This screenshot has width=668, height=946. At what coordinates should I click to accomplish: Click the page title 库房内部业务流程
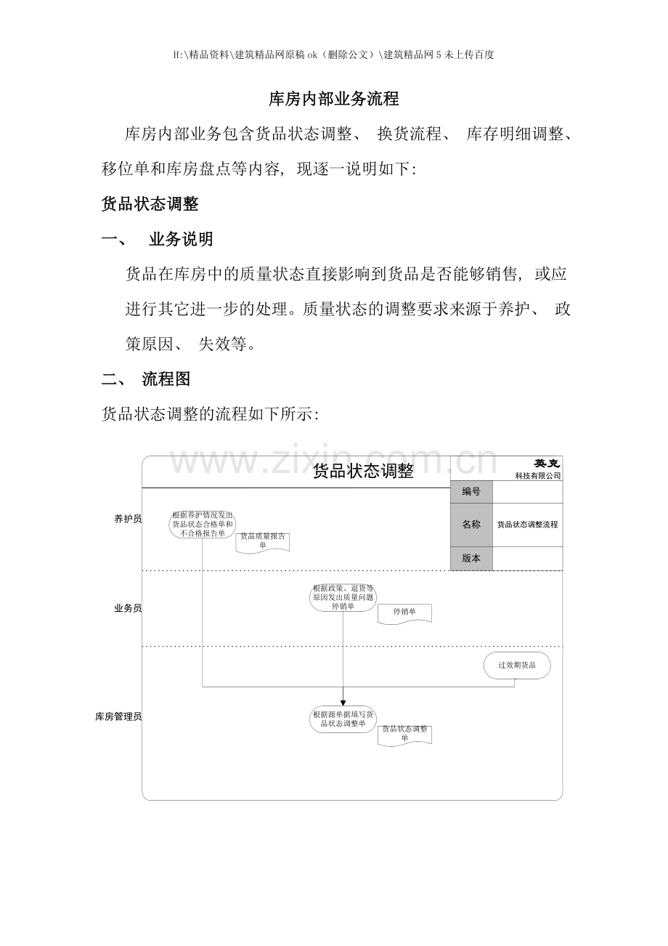[333, 99]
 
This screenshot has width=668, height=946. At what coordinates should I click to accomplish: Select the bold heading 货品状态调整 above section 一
[150, 204]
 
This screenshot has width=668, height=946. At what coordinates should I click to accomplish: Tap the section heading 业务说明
[181, 239]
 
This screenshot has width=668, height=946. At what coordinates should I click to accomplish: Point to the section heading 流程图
[166, 379]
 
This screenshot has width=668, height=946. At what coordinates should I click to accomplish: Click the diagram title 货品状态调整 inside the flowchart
[362, 472]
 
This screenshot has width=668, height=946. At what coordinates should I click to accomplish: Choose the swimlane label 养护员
[127, 519]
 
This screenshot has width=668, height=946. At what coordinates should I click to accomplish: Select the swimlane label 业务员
[127, 608]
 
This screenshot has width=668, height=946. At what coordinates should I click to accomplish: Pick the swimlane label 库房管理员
[118, 716]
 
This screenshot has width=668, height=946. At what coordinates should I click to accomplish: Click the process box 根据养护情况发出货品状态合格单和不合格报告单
[203, 524]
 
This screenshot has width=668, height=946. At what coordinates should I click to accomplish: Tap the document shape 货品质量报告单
[263, 541]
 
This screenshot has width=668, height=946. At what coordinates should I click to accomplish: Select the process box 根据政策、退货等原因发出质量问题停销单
[343, 597]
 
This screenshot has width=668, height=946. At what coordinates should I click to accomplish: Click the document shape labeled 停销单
[404, 613]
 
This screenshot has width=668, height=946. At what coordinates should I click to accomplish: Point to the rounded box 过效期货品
[517, 666]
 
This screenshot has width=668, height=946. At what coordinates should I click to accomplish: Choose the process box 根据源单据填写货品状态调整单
[343, 719]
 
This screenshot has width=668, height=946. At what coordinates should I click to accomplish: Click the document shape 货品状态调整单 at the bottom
[404, 734]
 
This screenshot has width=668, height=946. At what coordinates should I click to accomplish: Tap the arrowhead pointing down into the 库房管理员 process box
[343, 702]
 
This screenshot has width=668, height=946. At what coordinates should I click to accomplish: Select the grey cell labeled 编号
[471, 492]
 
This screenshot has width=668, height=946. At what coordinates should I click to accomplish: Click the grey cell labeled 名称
[471, 525]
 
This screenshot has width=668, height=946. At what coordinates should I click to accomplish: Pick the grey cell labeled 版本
[471, 558]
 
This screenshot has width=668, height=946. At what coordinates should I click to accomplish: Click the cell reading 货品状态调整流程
[528, 525]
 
